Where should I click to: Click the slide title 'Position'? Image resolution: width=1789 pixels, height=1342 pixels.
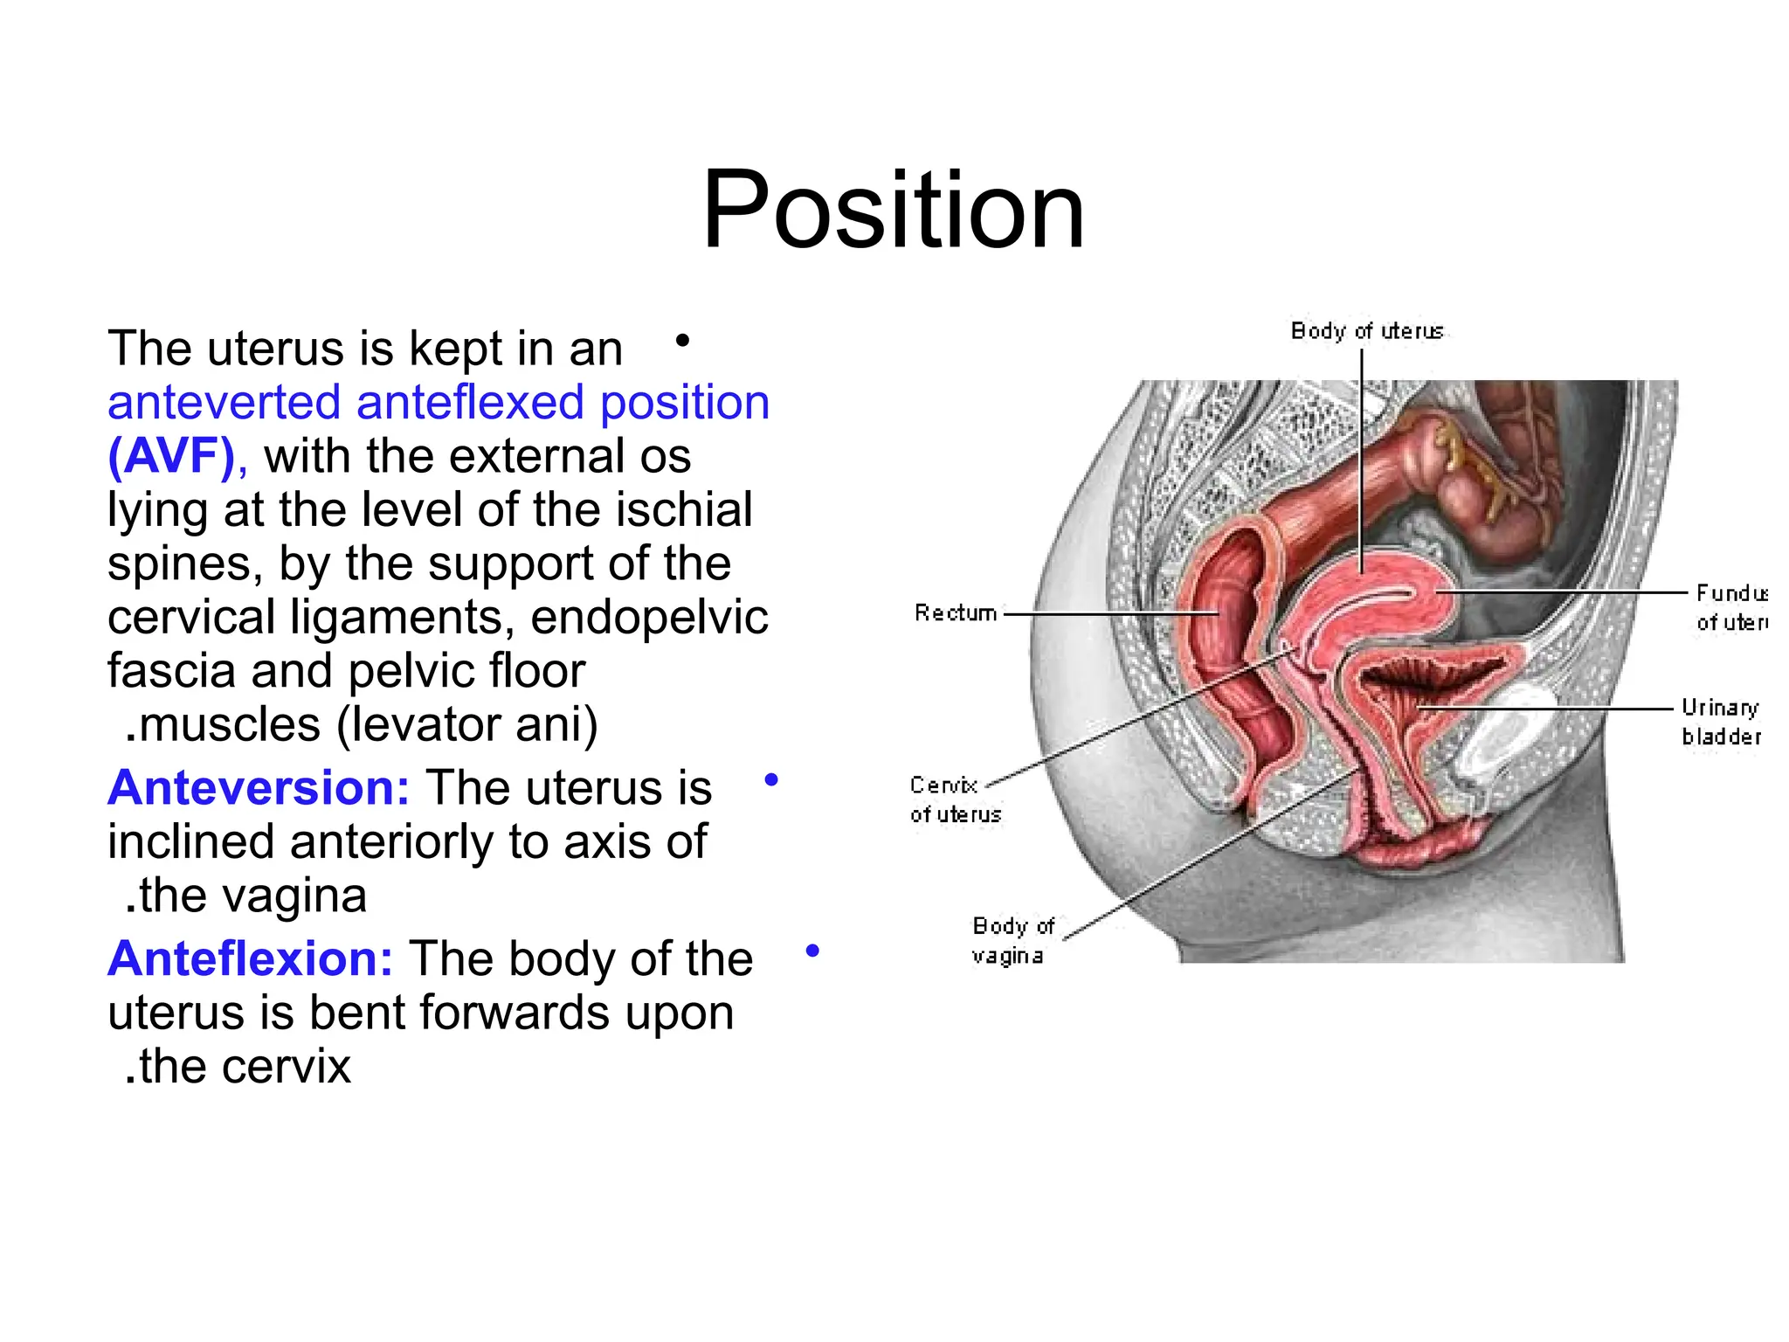coord(893,211)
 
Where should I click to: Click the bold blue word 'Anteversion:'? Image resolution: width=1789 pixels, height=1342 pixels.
coord(259,788)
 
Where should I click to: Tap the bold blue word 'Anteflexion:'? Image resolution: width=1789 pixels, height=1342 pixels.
coord(251,959)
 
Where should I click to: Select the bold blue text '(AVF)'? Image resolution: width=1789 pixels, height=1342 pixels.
coord(172,457)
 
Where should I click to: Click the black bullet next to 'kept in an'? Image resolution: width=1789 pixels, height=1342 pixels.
coord(683,340)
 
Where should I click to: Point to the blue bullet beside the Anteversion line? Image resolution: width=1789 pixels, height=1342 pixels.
coord(770,779)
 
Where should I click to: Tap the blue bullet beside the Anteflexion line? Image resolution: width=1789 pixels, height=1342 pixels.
coord(812,951)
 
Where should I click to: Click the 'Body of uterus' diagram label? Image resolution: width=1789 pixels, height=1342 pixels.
coord(1366,331)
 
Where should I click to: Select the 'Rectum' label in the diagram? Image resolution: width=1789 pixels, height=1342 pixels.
coord(955,612)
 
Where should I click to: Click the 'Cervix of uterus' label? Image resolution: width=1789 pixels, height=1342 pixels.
coord(954,799)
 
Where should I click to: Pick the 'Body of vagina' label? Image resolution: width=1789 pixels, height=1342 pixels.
coord(1012,940)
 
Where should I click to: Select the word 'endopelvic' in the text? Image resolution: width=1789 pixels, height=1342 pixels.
coord(649,618)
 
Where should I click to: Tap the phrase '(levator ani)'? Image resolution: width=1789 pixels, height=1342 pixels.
coord(467,725)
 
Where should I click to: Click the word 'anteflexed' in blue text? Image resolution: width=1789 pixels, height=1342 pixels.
coord(469,403)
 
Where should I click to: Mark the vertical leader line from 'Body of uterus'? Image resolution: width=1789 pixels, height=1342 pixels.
coord(1362,454)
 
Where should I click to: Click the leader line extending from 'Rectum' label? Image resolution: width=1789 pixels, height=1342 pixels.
coord(1109,613)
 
